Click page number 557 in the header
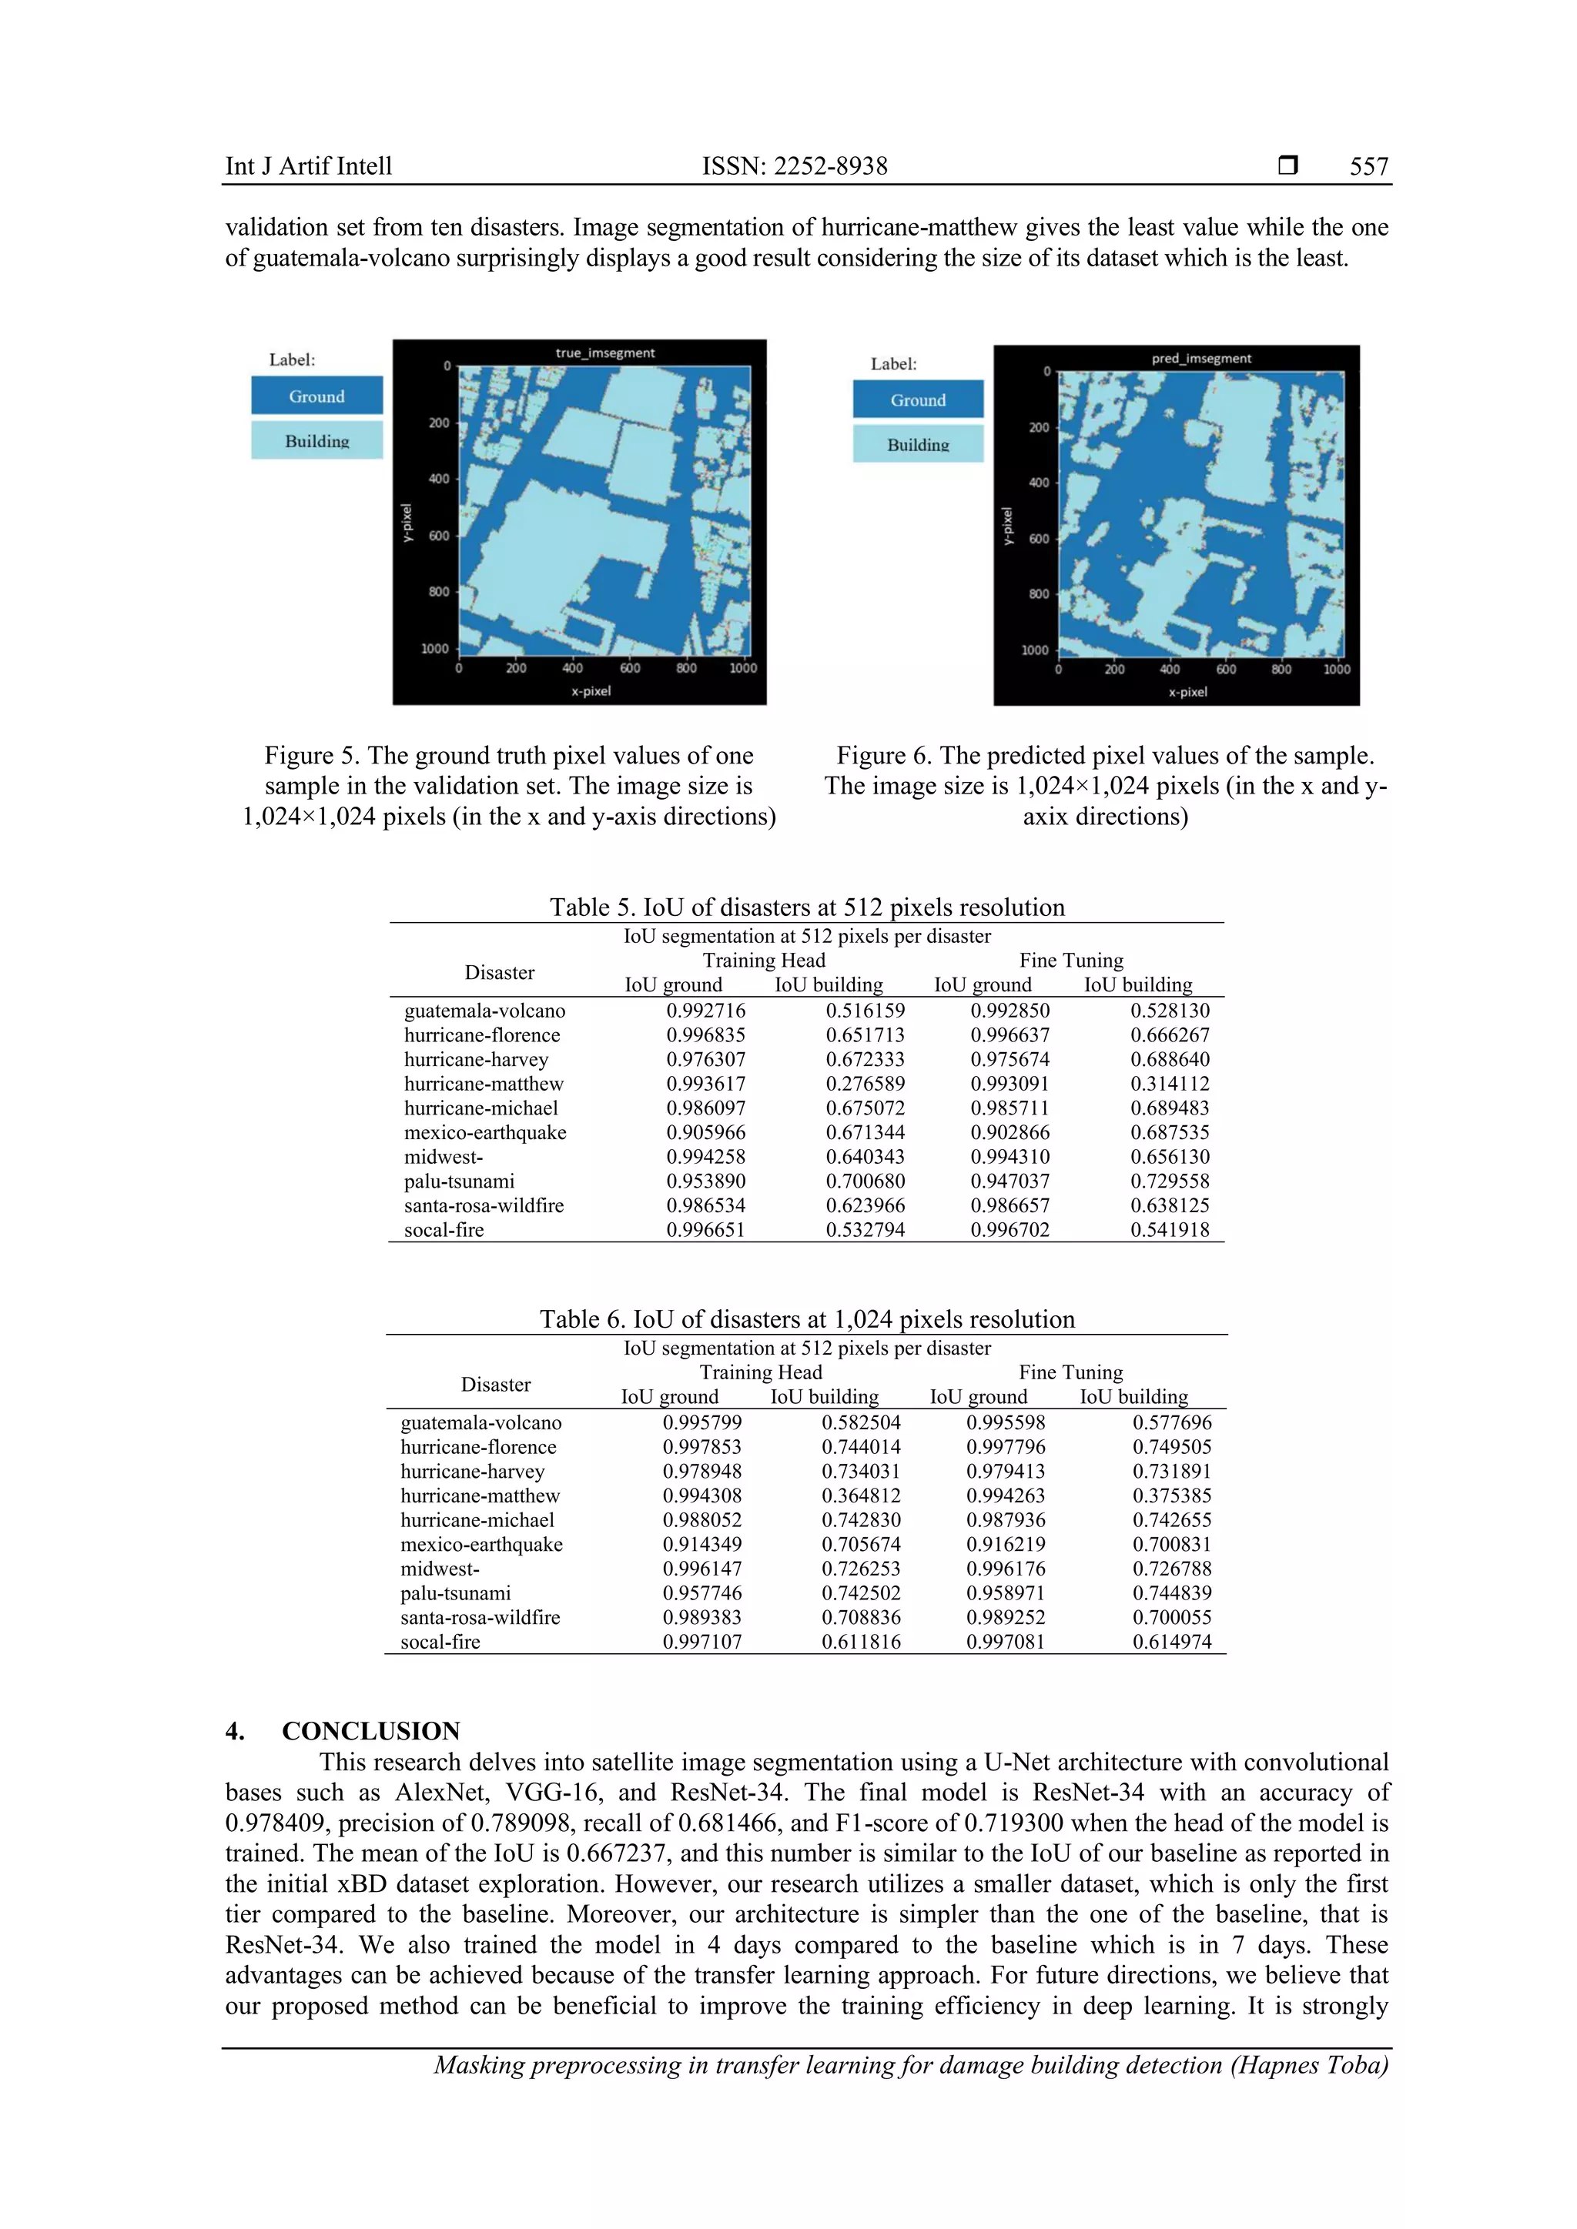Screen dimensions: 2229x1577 [1368, 166]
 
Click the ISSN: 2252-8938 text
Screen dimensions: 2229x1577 [795, 166]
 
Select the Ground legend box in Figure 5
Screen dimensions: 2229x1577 [316, 396]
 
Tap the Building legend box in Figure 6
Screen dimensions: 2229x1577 [918, 445]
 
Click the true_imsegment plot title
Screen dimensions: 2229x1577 [605, 353]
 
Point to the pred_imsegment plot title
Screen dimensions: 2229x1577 [1200, 358]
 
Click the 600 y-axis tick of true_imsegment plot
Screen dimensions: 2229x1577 [439, 535]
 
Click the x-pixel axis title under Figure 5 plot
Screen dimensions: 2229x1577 [591, 691]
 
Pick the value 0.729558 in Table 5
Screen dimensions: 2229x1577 [1169, 1181]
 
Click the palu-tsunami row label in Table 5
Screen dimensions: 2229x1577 [459, 1181]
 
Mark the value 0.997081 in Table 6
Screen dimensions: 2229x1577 [1005, 1642]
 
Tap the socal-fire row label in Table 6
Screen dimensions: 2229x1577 [440, 1642]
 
